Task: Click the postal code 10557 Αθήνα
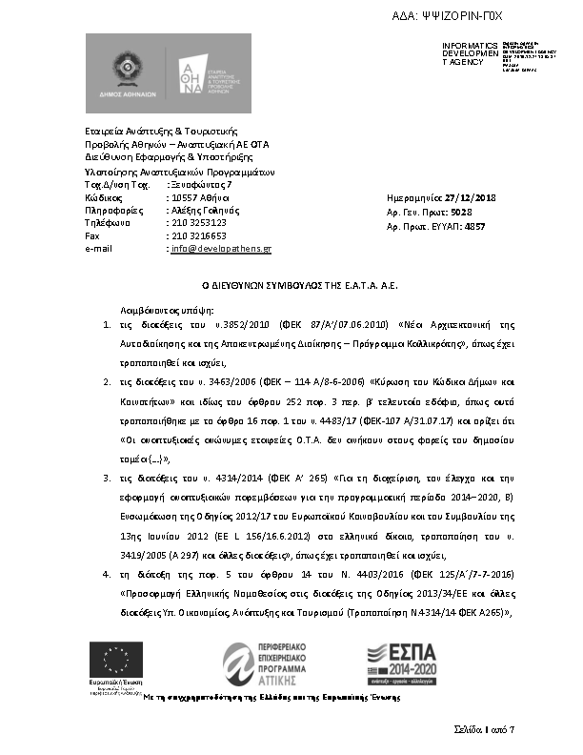[x=197, y=196]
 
